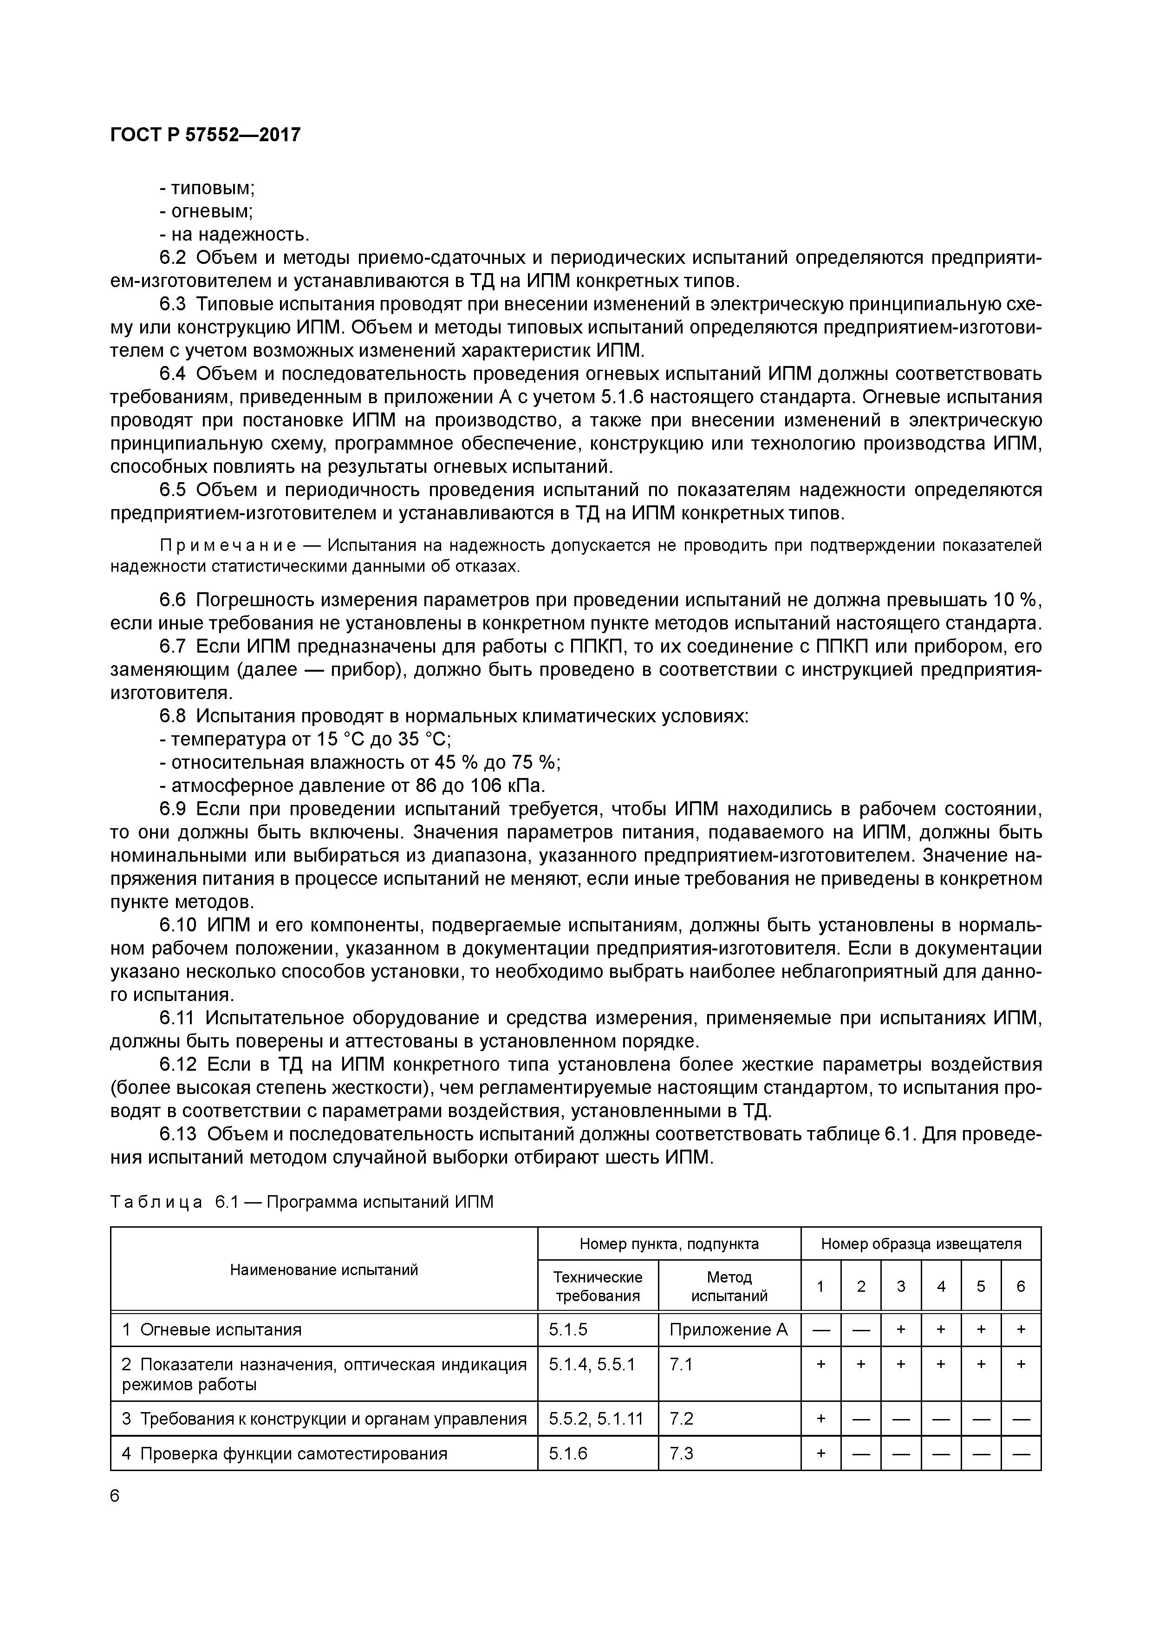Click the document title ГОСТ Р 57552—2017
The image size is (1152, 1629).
[x=206, y=134]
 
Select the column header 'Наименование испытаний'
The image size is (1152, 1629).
[x=324, y=1269]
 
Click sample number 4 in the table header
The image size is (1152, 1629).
[x=941, y=1286]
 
